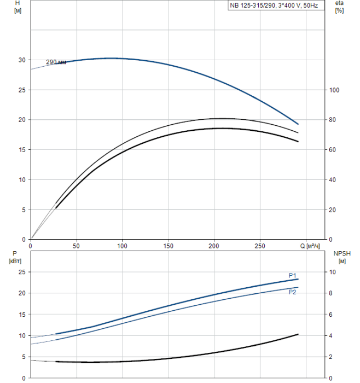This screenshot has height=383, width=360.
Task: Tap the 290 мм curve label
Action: [56, 62]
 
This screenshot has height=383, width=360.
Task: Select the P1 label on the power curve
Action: [292, 275]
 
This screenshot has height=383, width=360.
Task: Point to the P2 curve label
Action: [292, 292]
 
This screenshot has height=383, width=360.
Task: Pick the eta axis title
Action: [339, 3]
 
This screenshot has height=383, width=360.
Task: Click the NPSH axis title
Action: [340, 253]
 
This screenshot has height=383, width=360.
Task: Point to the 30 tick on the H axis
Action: [22, 60]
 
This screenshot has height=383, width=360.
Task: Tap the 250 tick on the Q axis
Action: [260, 246]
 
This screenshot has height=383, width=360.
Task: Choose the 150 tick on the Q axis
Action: [168, 246]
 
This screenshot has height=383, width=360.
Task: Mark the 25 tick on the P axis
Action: [22, 272]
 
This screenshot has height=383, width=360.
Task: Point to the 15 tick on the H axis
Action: [22, 149]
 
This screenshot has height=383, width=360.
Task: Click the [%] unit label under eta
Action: [339, 11]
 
